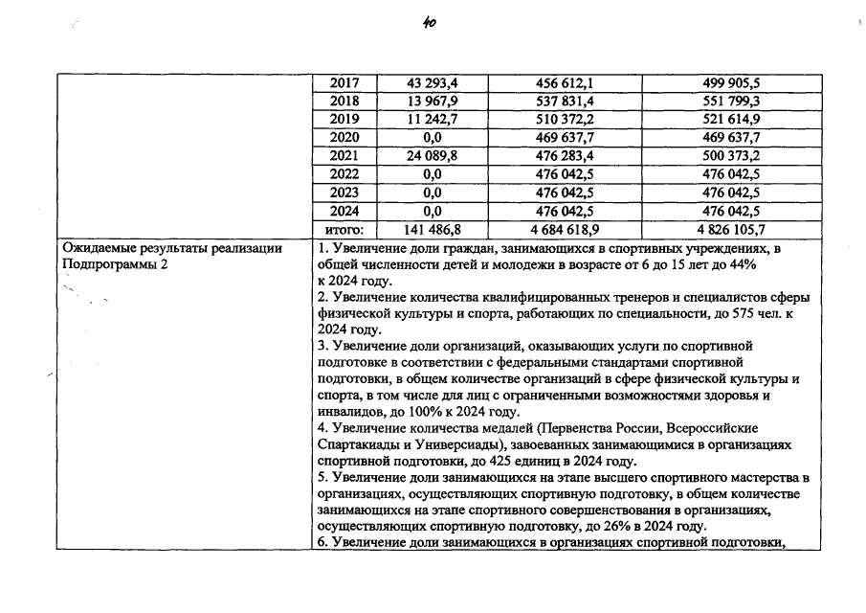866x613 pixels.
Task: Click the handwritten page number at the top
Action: [429, 27]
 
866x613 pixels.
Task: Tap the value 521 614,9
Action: [731, 120]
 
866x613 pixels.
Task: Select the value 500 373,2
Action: [731, 156]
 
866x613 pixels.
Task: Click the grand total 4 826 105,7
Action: [731, 229]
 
